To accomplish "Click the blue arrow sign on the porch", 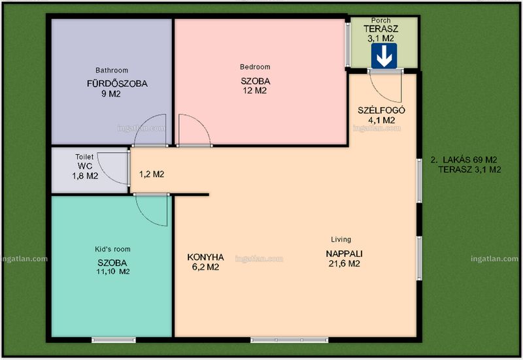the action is [x=384, y=56].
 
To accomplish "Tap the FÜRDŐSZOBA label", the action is [x=117, y=84].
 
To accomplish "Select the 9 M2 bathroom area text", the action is [x=111, y=94].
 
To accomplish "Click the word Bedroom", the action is [x=255, y=67].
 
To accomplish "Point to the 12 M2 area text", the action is [x=255, y=91].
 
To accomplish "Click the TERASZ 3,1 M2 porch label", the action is [x=381, y=33].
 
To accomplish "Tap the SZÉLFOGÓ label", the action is [x=381, y=110].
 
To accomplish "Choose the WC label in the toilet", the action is [x=85, y=166].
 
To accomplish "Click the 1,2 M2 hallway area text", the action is [x=152, y=174].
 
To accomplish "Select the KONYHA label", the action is [x=205, y=257].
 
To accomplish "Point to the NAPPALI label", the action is [x=345, y=254].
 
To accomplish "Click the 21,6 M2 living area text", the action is [x=345, y=264].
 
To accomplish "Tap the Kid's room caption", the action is [x=112, y=249].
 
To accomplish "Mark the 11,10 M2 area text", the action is [x=113, y=272].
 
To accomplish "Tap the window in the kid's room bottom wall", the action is [x=114, y=340].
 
